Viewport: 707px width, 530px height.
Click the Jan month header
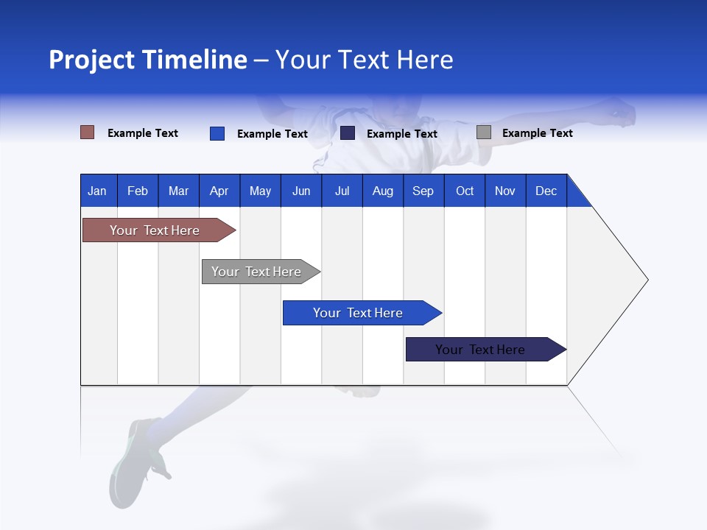tap(98, 191)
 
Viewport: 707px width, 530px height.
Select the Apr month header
tap(219, 191)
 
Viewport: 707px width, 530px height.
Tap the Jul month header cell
tap(342, 191)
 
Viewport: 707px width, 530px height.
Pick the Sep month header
tap(423, 191)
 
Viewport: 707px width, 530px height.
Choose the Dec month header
tap(546, 191)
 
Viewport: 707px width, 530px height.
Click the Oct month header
tap(465, 191)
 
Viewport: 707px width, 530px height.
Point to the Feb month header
tap(138, 191)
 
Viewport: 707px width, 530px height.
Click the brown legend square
tap(87, 132)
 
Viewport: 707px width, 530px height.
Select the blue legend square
tap(217, 133)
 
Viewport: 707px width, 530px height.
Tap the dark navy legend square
tap(348, 133)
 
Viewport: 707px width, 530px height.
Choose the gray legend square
tap(484, 132)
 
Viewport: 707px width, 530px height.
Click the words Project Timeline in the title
tap(147, 60)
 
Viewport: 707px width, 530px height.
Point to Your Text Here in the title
tap(365, 60)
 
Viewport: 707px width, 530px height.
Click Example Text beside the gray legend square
tap(537, 133)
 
